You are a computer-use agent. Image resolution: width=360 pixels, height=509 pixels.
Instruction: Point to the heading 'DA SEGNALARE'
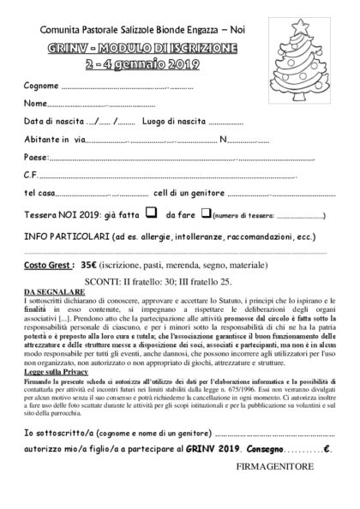click(x=51, y=291)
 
